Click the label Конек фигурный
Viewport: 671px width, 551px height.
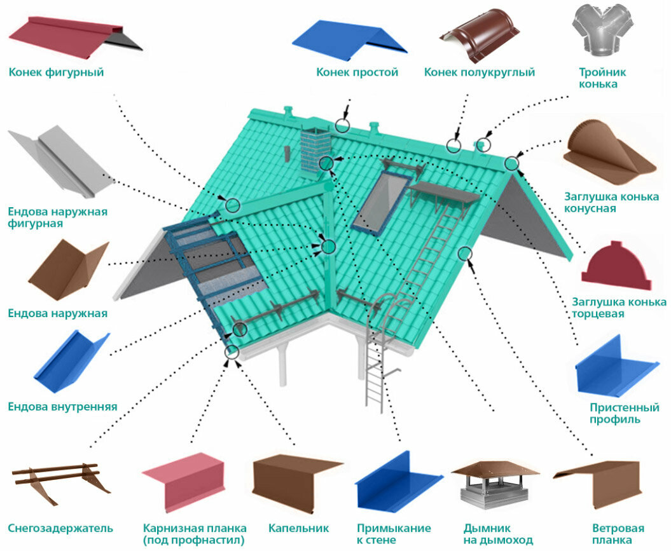coord(56,72)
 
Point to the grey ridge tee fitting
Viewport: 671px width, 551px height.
coord(603,29)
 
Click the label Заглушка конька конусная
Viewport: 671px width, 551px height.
coord(611,202)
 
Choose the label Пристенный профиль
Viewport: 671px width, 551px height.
coord(624,413)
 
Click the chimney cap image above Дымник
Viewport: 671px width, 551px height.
coord(495,484)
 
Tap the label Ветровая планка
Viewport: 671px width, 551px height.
coord(618,534)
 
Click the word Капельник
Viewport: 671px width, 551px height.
coord(298,528)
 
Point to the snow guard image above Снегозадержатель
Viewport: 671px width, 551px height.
coord(57,481)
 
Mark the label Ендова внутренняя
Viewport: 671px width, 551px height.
coord(62,407)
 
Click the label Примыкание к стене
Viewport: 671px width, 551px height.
coord(394,534)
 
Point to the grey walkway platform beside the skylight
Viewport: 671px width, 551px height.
coord(445,193)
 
